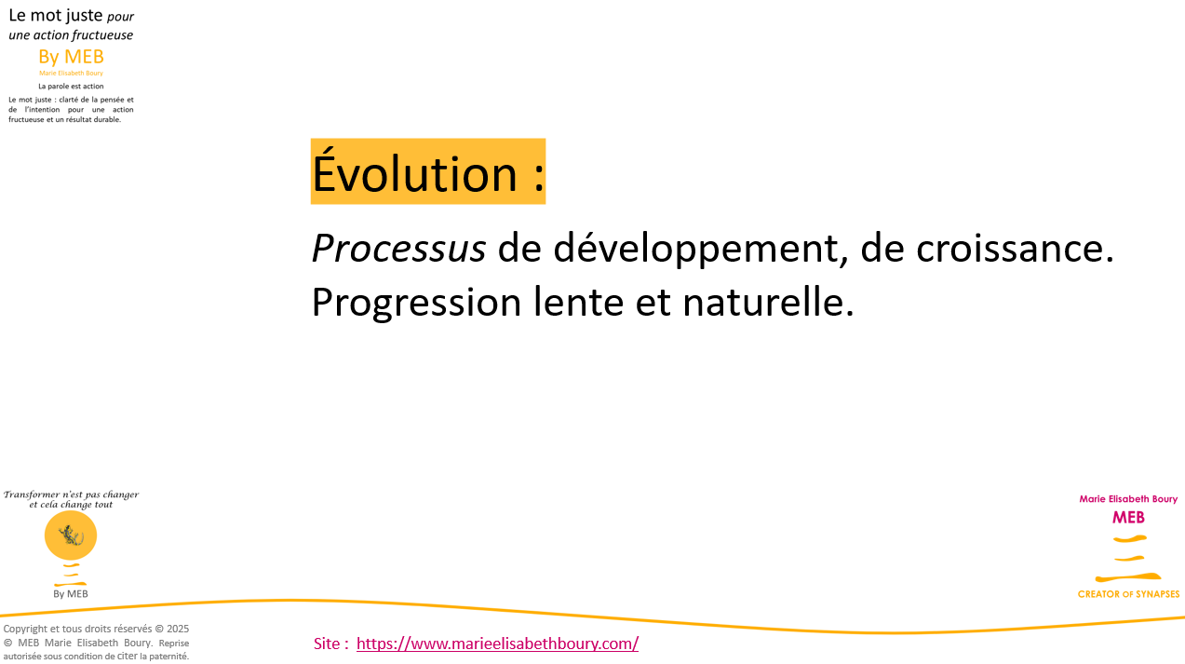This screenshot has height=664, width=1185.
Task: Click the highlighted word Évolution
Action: [x=414, y=172]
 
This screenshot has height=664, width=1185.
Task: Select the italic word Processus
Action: [x=398, y=248]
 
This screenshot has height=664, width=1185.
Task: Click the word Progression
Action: [x=416, y=303]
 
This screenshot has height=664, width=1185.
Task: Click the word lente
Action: [x=578, y=301]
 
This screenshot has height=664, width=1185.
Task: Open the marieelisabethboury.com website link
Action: [x=497, y=644]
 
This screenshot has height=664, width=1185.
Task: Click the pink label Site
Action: [x=327, y=644]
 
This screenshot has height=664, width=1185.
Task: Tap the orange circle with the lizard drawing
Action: [x=71, y=535]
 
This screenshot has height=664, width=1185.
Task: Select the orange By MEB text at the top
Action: [x=71, y=57]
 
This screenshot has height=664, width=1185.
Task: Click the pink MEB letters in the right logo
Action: [x=1128, y=518]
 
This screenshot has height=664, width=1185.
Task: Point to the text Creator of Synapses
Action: [x=1128, y=594]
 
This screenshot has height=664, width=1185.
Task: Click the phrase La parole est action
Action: [x=71, y=87]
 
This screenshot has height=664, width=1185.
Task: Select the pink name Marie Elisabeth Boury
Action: [x=1128, y=499]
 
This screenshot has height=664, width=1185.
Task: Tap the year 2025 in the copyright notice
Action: [x=178, y=629]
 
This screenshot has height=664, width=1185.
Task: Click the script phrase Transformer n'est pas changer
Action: [x=71, y=495]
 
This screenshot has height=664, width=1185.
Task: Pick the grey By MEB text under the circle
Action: [x=71, y=593]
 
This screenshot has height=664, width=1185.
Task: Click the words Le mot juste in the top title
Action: [x=56, y=15]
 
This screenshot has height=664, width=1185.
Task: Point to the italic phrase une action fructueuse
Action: [x=71, y=34]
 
